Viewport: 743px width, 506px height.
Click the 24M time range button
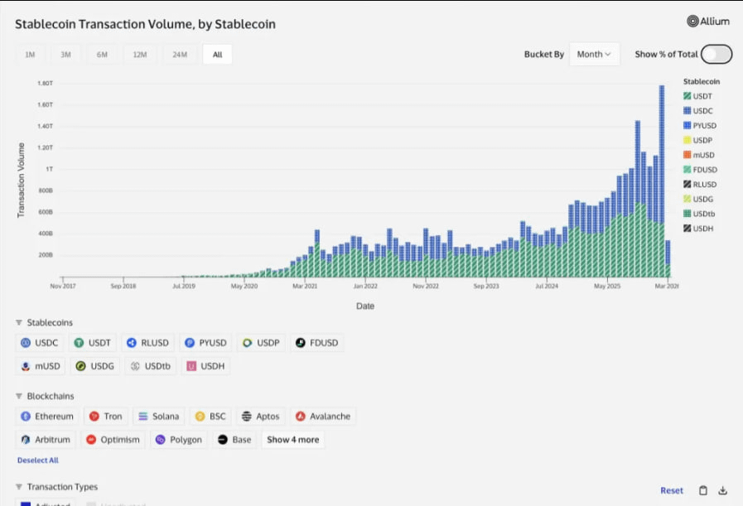tap(179, 55)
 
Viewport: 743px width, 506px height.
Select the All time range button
tap(217, 55)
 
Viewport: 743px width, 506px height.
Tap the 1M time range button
tap(30, 55)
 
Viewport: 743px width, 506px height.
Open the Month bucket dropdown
tap(594, 55)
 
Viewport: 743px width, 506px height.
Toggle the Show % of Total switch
tap(716, 55)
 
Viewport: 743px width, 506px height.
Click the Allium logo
tap(709, 22)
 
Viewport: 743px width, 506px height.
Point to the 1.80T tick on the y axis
tap(46, 84)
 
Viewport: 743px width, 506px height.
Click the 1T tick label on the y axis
tap(49, 169)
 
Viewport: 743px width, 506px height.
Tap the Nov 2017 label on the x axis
tap(64, 287)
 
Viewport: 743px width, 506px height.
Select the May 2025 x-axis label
tap(607, 287)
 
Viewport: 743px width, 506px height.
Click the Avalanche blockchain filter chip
tap(322, 417)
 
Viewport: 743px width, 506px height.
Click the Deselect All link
tap(38, 460)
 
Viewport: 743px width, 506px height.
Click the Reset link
tap(672, 490)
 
